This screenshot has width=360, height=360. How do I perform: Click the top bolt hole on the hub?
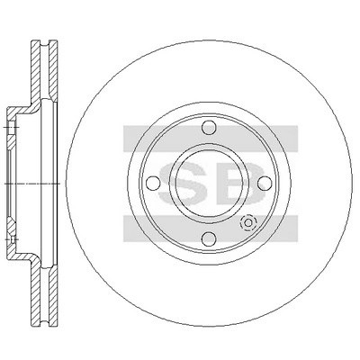[209, 128]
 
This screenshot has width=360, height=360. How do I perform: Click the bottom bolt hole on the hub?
[209, 238]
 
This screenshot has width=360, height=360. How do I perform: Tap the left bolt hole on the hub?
[153, 183]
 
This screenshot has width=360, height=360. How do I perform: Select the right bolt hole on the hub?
[265, 183]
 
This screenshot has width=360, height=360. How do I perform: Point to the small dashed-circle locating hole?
[248, 223]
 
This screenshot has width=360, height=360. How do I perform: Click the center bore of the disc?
[209, 183]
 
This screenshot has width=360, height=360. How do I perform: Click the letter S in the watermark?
[183, 183]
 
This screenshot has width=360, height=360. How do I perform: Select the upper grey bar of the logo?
[211, 139]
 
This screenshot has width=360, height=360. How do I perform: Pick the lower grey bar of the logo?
[211, 229]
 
